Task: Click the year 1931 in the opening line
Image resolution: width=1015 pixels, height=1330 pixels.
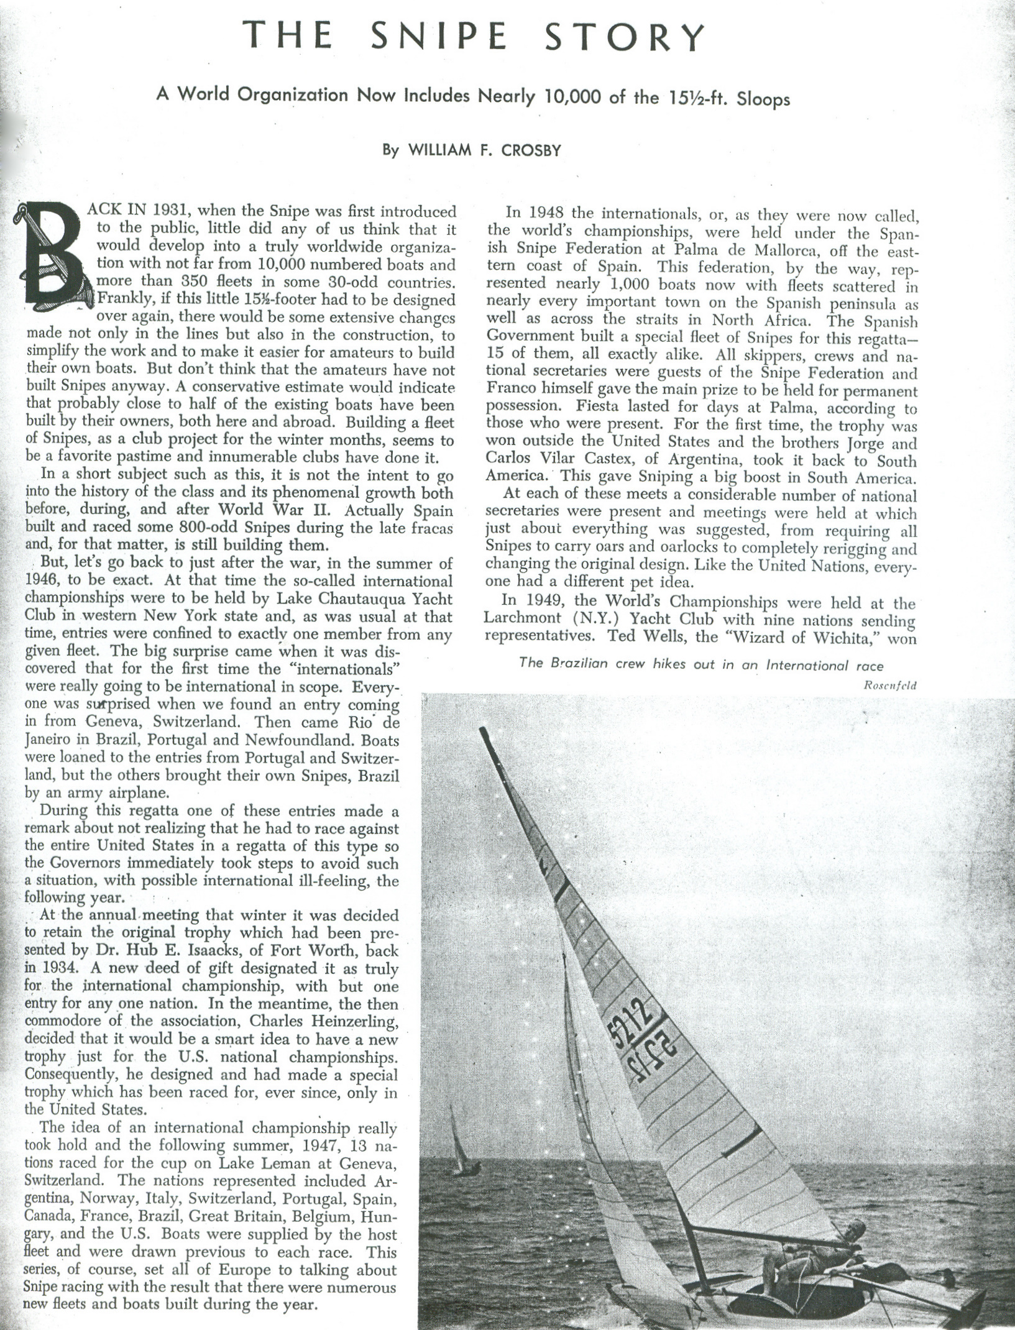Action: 171,212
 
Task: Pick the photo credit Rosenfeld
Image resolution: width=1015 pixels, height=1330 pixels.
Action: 890,686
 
